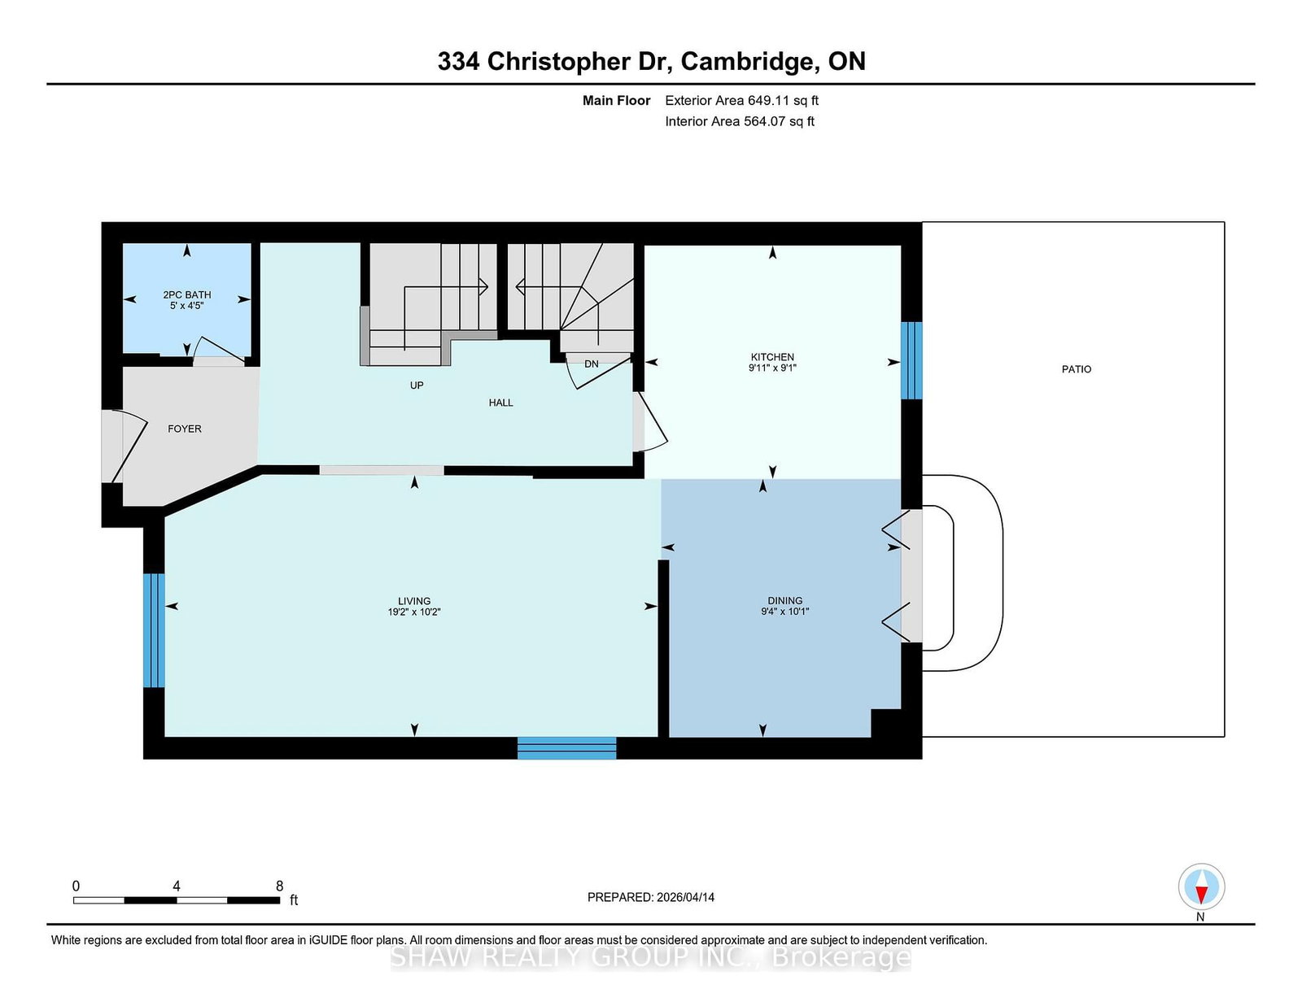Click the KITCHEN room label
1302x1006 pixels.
click(772, 357)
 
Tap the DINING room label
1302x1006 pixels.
click(785, 601)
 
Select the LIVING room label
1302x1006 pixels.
click(414, 601)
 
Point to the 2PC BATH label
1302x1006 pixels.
click(187, 294)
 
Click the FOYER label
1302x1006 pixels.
click(185, 429)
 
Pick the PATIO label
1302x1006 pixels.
click(1077, 369)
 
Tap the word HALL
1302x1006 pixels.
click(501, 403)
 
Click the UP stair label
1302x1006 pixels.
click(417, 385)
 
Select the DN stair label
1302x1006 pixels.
click(592, 364)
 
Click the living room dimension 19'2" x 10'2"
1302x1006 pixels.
click(414, 612)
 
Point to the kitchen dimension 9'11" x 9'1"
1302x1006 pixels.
click(772, 368)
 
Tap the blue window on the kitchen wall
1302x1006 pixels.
click(911, 360)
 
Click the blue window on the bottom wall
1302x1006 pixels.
click(567, 748)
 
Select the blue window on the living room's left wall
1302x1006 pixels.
click(154, 630)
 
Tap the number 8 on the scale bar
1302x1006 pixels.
click(279, 886)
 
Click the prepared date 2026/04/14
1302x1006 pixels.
click(685, 898)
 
